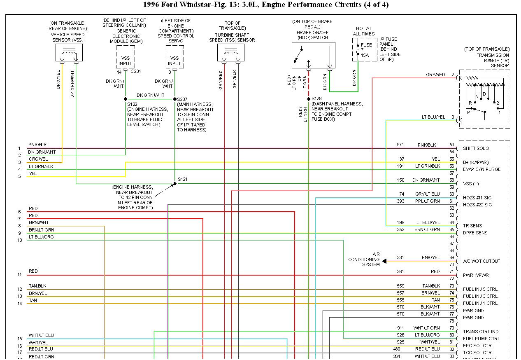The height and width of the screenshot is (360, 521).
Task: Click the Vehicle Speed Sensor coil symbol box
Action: tap(69, 53)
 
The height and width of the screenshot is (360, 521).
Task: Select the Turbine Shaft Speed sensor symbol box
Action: tap(231, 53)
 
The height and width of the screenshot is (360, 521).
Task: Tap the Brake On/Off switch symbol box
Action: tap(313, 55)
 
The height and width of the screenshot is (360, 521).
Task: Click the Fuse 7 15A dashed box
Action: tap(364, 50)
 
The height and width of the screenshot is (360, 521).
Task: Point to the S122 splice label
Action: tap(133, 104)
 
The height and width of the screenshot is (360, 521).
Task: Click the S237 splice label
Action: tap(182, 99)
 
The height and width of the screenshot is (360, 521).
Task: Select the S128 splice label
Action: tap(316, 99)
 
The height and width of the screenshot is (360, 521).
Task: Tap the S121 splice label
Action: tap(183, 180)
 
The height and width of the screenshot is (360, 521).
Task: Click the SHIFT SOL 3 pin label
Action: tap(476, 148)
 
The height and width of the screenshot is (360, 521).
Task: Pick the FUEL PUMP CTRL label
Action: tap(481, 339)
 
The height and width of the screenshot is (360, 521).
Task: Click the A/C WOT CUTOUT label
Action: tap(481, 261)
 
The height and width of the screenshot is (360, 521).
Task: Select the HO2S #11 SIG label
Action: tap(477, 198)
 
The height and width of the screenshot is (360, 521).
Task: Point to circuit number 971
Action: tap(400, 145)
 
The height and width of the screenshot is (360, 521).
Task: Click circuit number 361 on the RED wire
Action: tap(400, 271)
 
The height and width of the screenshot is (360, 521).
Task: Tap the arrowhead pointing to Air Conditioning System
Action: tap(384, 261)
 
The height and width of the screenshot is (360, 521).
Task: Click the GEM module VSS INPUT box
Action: tap(125, 61)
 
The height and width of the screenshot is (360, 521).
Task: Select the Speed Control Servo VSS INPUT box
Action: tap(174, 61)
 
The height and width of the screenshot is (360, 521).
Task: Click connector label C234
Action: tap(135, 71)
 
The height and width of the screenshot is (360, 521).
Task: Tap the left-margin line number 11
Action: tap(19, 275)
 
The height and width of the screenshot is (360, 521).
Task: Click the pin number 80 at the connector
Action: tap(451, 335)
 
